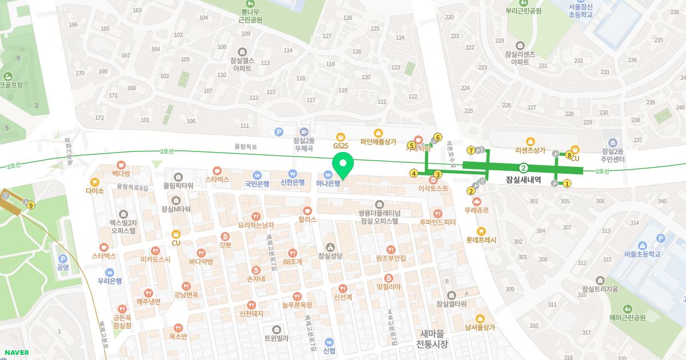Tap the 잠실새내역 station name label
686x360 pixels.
[523, 179]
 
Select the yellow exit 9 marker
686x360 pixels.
[30, 205]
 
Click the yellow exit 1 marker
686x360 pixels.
[567, 183]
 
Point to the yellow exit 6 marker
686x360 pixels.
[438, 137]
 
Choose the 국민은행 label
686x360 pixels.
[257, 183]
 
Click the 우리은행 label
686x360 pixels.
[109, 281]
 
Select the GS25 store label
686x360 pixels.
[341, 146]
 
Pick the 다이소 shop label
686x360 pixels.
[95, 190]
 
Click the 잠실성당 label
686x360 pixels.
[330, 255]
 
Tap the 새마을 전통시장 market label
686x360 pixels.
[432, 339]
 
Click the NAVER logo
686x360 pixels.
[16, 353]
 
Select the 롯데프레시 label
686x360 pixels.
[481, 240]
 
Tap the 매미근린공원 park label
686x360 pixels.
[627, 317]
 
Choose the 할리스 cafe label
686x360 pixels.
[308, 219]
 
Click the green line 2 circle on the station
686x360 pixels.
[523, 168]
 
